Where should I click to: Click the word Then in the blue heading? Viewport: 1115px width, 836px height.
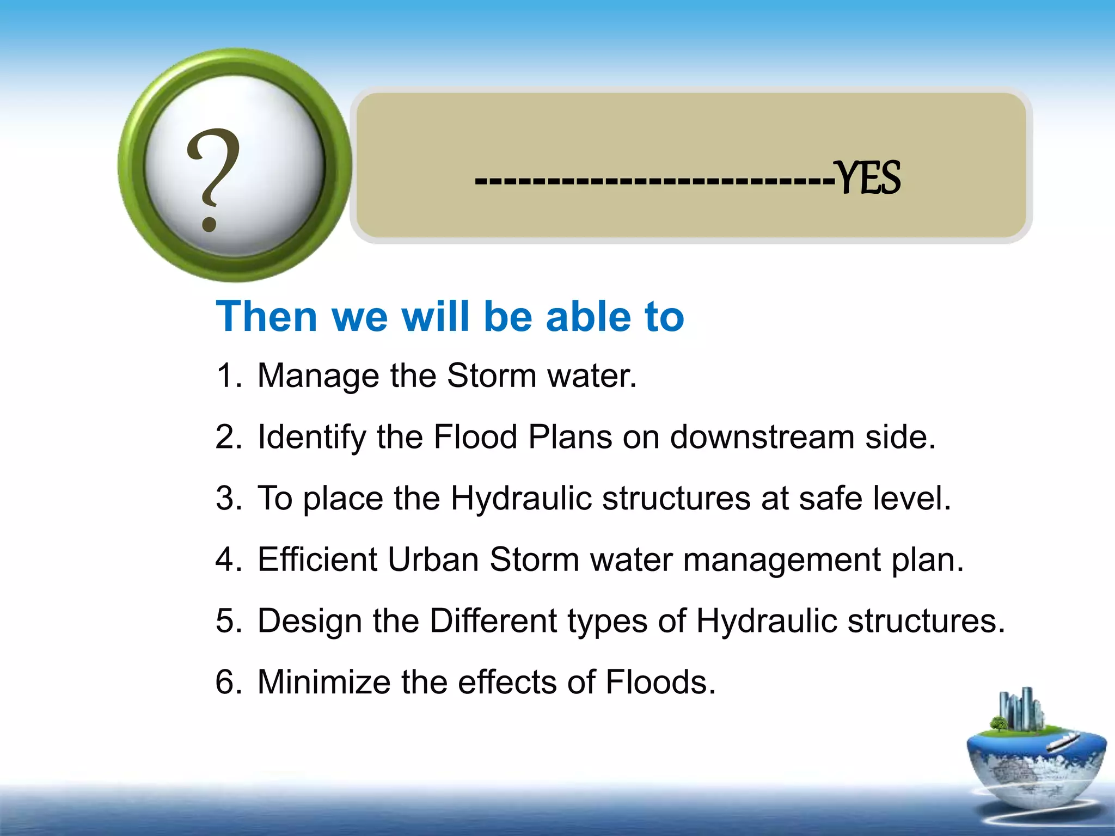tap(266, 317)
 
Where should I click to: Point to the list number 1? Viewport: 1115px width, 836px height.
tap(228, 376)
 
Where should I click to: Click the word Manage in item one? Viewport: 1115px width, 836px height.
tap(318, 376)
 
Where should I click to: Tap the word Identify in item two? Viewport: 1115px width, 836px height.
tap(311, 437)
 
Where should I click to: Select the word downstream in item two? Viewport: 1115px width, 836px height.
tap(762, 437)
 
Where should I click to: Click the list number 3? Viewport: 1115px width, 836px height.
tap(228, 498)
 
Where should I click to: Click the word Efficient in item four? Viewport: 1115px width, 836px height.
tap(317, 560)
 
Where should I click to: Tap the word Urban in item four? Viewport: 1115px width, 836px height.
tap(433, 560)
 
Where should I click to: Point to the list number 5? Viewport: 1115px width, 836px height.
tap(228, 620)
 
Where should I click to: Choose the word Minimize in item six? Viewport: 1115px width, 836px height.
tap(323, 682)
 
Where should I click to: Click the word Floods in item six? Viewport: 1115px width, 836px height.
tap(660, 682)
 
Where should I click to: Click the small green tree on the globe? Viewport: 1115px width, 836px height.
tap(998, 724)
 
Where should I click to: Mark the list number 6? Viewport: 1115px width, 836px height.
tap(228, 682)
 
